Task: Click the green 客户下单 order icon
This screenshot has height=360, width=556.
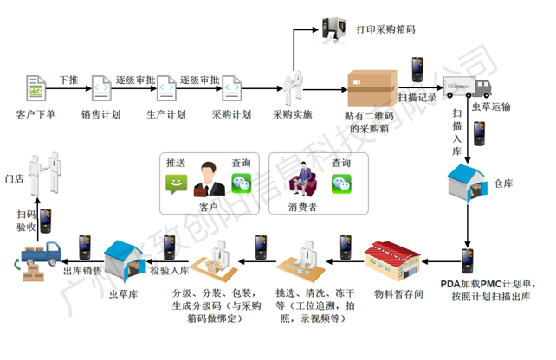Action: (36, 89)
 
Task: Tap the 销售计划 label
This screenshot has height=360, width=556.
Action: (100, 114)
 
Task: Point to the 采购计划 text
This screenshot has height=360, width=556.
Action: (231, 114)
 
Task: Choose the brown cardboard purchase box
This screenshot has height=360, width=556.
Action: (372, 88)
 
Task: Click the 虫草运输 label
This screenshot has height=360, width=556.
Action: (490, 107)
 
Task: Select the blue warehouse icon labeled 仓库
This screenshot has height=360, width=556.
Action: (466, 183)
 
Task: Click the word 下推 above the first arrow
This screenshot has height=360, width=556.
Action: (68, 79)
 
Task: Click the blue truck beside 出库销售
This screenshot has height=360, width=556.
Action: (42, 254)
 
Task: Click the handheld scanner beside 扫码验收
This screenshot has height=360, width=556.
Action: (47, 217)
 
